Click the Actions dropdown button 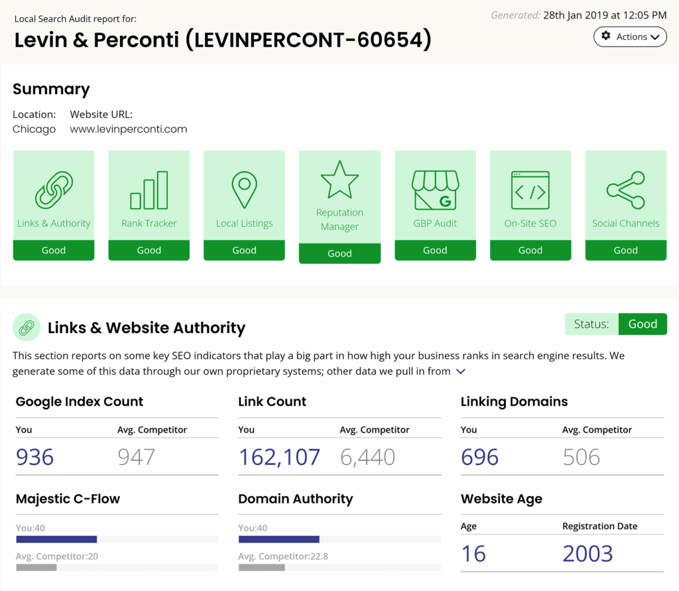[x=630, y=37]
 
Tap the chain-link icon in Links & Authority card [x=54, y=190]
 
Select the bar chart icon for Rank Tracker [x=149, y=190]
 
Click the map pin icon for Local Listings [x=245, y=190]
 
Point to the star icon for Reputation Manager [x=339, y=180]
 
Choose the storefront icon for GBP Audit [x=435, y=190]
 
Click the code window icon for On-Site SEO [x=530, y=190]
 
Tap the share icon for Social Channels [x=625, y=190]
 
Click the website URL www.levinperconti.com [x=129, y=129]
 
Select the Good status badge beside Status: [x=643, y=324]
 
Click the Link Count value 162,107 [x=279, y=457]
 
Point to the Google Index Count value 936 [x=35, y=457]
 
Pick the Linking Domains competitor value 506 [x=582, y=457]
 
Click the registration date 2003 [x=587, y=553]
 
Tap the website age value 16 [x=473, y=553]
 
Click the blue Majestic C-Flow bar [x=56, y=539]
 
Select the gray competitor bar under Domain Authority [x=262, y=568]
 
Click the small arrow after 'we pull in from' [x=461, y=372]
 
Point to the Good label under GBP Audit [x=435, y=251]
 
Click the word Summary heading [x=51, y=90]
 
